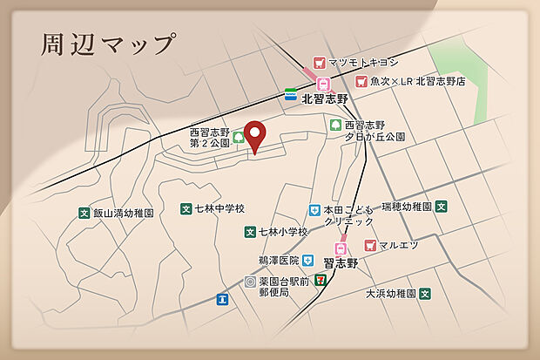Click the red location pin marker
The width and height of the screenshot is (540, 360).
coord(254,135)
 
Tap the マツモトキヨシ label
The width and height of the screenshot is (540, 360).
coord(364,63)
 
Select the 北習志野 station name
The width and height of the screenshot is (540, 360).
coord(324,98)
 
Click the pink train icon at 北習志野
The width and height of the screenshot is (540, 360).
coord(323,84)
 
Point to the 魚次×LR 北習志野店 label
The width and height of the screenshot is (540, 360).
coord(417,81)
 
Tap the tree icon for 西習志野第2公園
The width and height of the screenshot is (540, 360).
coord(238,136)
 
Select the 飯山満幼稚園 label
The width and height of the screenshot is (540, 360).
coord(124,212)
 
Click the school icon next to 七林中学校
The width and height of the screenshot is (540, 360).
coord(186,208)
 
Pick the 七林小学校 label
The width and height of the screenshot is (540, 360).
coord(282,232)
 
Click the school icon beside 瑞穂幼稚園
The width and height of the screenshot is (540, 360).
coord(442,207)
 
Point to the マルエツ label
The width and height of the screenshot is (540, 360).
coord(398,245)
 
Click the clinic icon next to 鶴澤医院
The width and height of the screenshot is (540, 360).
coord(307,260)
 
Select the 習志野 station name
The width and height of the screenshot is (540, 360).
coord(341,262)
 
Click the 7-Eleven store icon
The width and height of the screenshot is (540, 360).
coord(321,280)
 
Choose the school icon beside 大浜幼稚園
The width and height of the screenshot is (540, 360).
coord(425,294)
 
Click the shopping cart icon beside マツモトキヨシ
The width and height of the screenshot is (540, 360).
coord(318,63)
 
